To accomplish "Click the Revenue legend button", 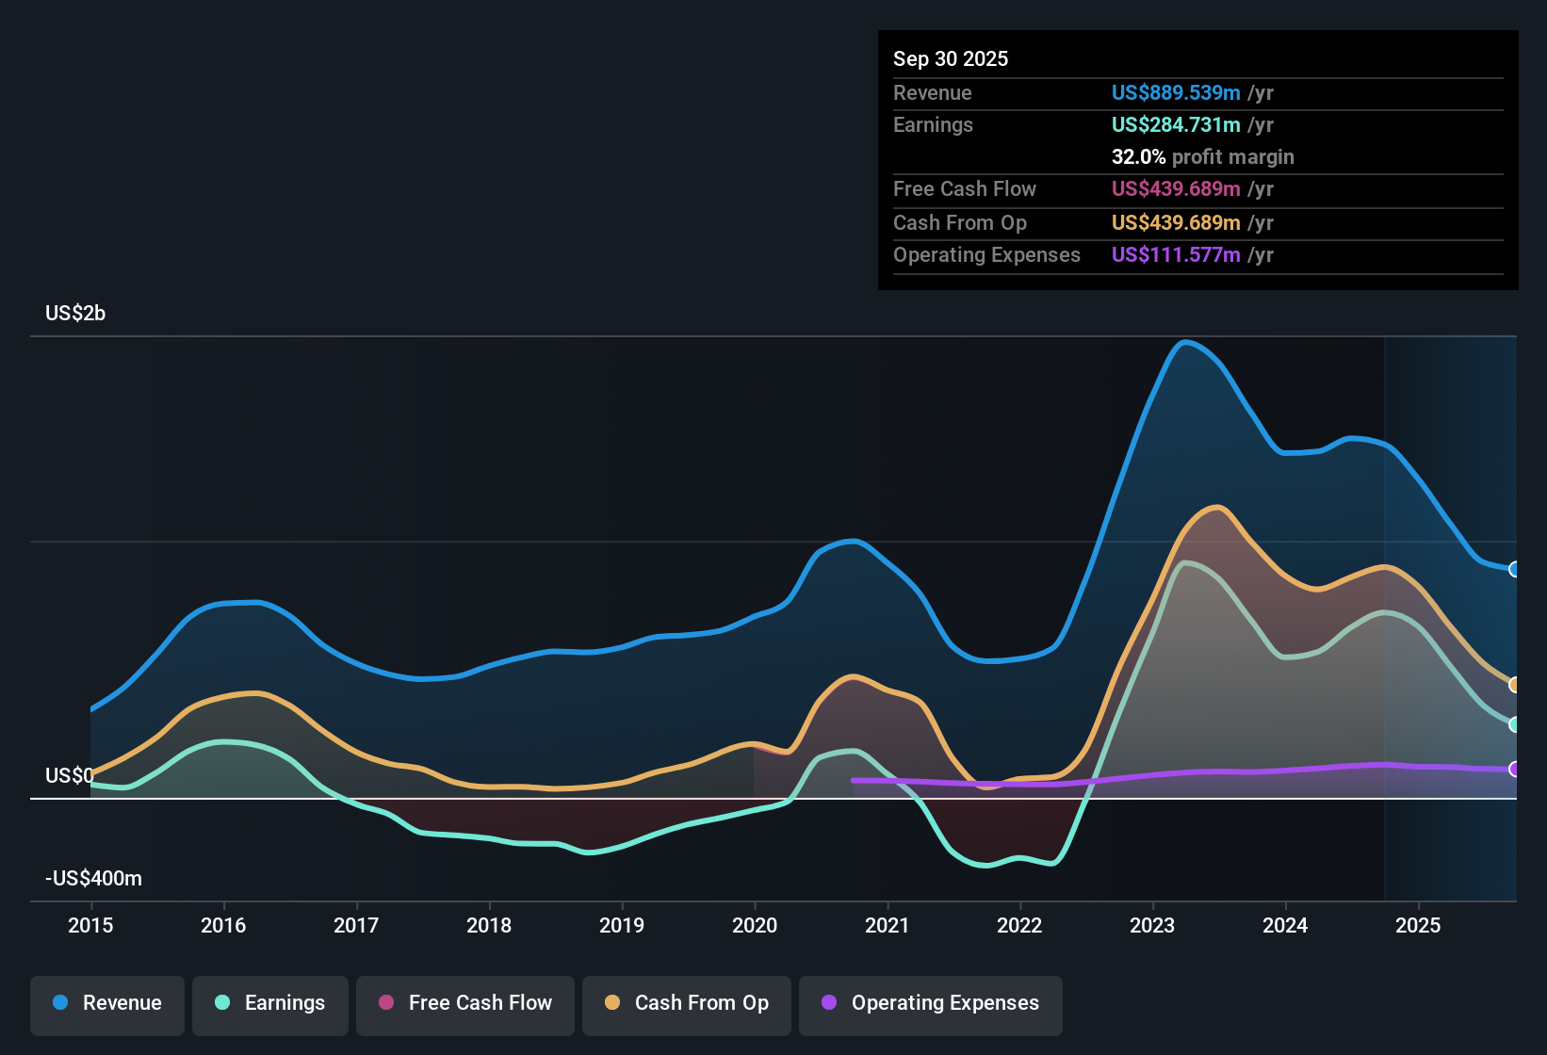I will pos(107,1003).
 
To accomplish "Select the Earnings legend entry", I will pos(270,1003).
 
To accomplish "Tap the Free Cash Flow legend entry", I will pos(465,1003).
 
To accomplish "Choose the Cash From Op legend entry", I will pos(687,1003).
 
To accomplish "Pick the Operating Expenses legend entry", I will pos(931,1003).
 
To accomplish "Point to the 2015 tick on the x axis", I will pos(90,925).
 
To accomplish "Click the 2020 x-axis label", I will pos(755,925).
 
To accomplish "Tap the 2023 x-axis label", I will pos(1152,925).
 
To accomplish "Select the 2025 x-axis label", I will pos(1418,925).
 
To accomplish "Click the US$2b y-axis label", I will pos(75,314).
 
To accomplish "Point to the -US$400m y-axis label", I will pos(93,879).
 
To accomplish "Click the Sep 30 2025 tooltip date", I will pos(951,59).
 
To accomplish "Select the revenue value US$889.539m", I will pos(1176,93).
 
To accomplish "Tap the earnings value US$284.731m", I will pos(1176,125).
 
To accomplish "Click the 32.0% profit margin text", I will pos(1202,157).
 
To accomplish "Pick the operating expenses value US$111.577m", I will pos(1176,255).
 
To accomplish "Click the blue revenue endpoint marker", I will pos(1514,569).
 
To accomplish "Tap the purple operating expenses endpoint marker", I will pos(1514,770).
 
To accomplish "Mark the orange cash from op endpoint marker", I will pos(1514,685).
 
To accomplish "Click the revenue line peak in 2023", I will pos(1185,342).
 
